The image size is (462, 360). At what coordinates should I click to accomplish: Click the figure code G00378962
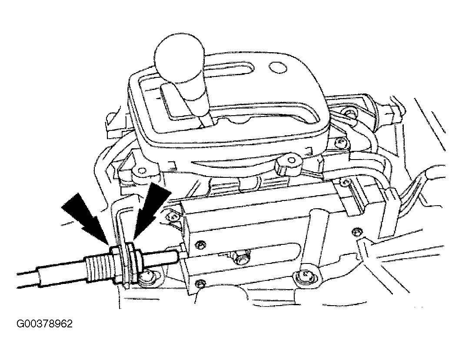pyautogui.click(x=44, y=324)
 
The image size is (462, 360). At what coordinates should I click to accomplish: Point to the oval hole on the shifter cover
pyautogui.click(x=278, y=67)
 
